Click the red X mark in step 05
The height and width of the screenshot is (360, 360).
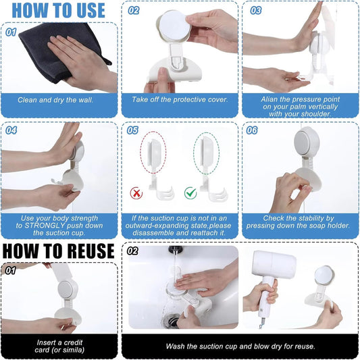[136, 193]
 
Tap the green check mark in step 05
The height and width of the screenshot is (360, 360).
[190, 193]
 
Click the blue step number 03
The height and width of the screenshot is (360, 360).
[256, 11]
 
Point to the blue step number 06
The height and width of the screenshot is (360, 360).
[252, 130]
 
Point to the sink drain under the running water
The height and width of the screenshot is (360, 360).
[171, 320]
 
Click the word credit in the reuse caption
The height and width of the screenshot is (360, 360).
[73, 342]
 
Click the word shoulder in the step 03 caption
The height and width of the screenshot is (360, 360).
[317, 114]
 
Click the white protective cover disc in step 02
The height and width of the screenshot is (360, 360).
[175, 25]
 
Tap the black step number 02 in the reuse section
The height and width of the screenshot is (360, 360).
[132, 251]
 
